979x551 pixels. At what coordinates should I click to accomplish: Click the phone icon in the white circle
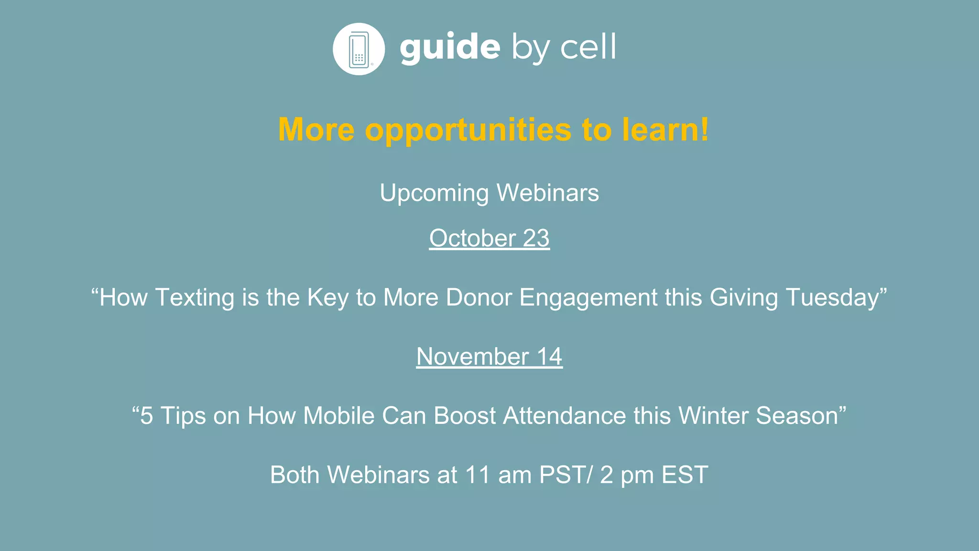click(x=359, y=49)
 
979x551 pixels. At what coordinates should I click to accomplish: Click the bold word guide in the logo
click(x=450, y=47)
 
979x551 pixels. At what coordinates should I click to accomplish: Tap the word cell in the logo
click(x=588, y=47)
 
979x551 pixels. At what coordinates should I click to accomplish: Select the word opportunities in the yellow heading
click(x=468, y=130)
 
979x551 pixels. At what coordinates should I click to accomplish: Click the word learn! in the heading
click(x=665, y=130)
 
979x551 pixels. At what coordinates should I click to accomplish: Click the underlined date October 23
click(x=489, y=238)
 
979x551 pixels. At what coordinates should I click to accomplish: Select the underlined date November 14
click(x=489, y=356)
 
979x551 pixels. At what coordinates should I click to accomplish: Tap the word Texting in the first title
click(x=195, y=298)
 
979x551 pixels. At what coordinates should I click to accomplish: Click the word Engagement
click(x=588, y=298)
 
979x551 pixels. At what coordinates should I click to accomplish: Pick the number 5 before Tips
click(x=147, y=416)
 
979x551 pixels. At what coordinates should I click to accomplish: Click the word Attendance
click(x=564, y=416)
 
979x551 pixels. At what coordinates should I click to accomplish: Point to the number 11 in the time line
click(x=477, y=475)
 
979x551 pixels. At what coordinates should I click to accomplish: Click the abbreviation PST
click(x=562, y=475)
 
